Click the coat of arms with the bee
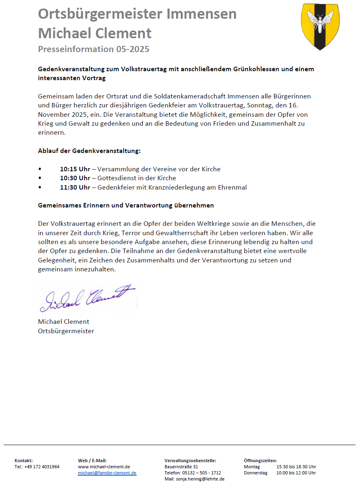pyautogui.click(x=320, y=26)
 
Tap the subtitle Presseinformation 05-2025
pyautogui.click(x=94, y=49)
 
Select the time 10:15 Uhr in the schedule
pyautogui.click(x=75, y=169)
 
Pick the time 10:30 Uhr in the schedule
pyautogui.click(x=75, y=178)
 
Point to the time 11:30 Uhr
pyautogui.click(x=75, y=188)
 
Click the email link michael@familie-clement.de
pyautogui.click(x=107, y=473)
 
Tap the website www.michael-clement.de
pyautogui.click(x=104, y=467)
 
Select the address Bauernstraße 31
pyautogui.click(x=181, y=467)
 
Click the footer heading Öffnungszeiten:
pyautogui.click(x=260, y=461)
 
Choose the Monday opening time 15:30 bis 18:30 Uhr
pyautogui.click(x=296, y=467)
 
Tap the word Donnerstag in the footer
pyautogui.click(x=255, y=473)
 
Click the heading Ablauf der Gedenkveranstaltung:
pyautogui.click(x=89, y=151)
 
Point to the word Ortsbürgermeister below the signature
pyautogui.click(x=66, y=331)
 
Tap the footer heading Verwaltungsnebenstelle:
pyautogui.click(x=190, y=461)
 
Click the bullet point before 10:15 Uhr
pyautogui.click(x=40, y=169)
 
